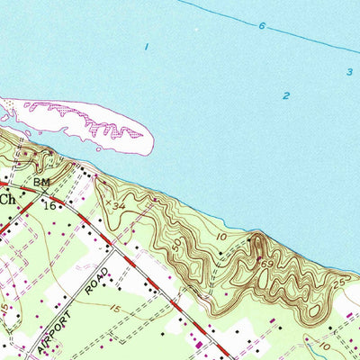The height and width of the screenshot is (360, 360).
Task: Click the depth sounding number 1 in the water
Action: tap(146, 46)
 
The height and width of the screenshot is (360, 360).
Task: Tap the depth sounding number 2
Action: tap(286, 95)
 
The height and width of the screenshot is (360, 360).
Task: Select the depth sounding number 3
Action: tap(348, 72)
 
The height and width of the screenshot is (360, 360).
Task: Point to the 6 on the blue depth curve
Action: tap(262, 26)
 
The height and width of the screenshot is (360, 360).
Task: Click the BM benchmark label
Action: tap(41, 182)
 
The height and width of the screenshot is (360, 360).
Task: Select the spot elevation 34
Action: tap(115, 206)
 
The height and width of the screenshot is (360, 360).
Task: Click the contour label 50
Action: tap(176, 244)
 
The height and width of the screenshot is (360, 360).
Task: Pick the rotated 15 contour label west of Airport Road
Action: tap(6, 310)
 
